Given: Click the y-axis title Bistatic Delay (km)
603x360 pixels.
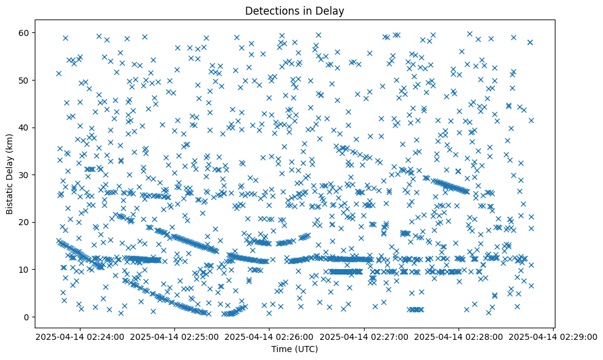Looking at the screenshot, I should coord(10,173).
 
